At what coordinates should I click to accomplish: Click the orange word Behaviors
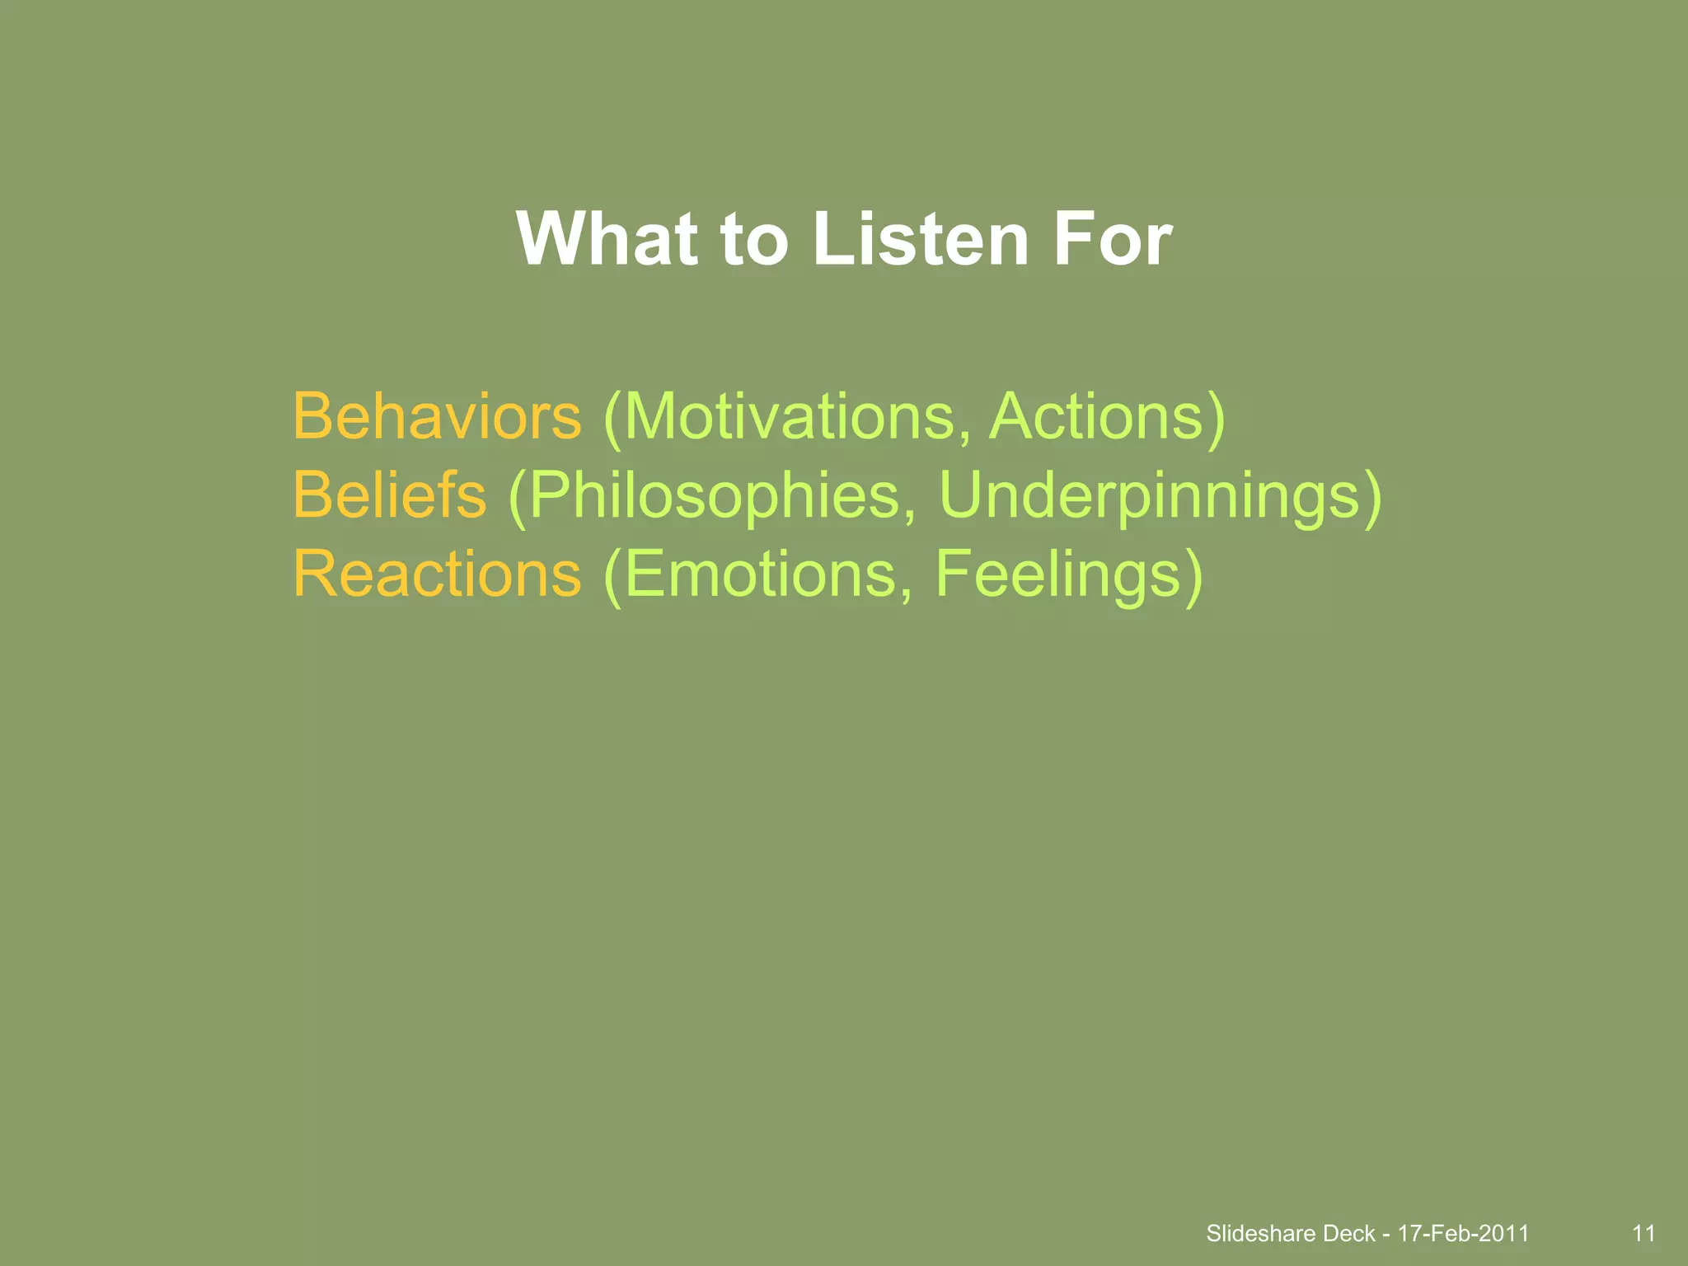(x=437, y=416)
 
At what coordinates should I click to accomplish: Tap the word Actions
(x=1096, y=416)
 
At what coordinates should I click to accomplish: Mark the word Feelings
(x=1059, y=575)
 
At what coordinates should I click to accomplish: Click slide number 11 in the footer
(x=1643, y=1233)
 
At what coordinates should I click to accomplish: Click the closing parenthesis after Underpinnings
(x=1371, y=498)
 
